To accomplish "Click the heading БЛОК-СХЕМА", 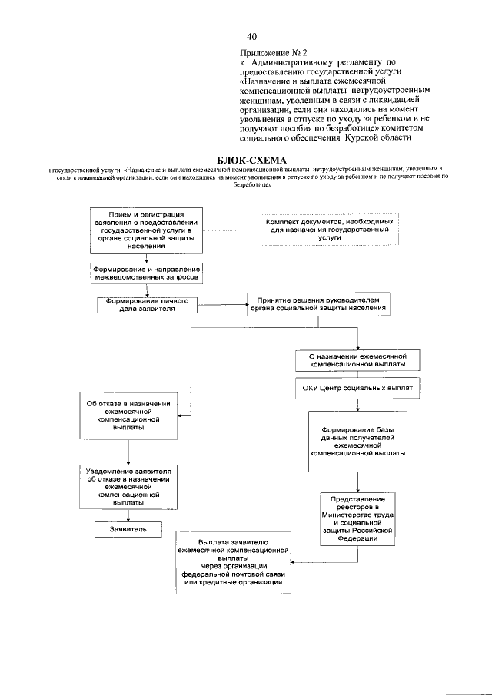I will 246,158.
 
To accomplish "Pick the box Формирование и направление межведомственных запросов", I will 146,272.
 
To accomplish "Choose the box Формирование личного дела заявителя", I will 147,303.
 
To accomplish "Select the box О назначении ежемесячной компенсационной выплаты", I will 357,359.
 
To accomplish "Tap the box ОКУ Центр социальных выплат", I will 357,389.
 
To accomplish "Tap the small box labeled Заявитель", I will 128,529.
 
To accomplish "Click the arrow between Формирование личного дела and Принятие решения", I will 222,303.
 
